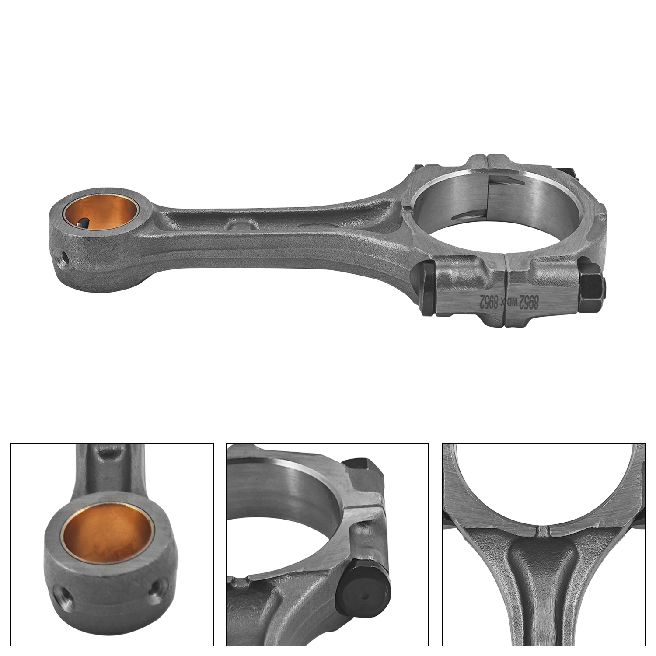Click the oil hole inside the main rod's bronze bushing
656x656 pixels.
click(x=82, y=223)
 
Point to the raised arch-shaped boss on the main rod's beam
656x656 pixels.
click(x=241, y=224)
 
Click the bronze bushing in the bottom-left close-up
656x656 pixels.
click(x=107, y=533)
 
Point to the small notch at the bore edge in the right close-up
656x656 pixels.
click(x=543, y=531)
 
